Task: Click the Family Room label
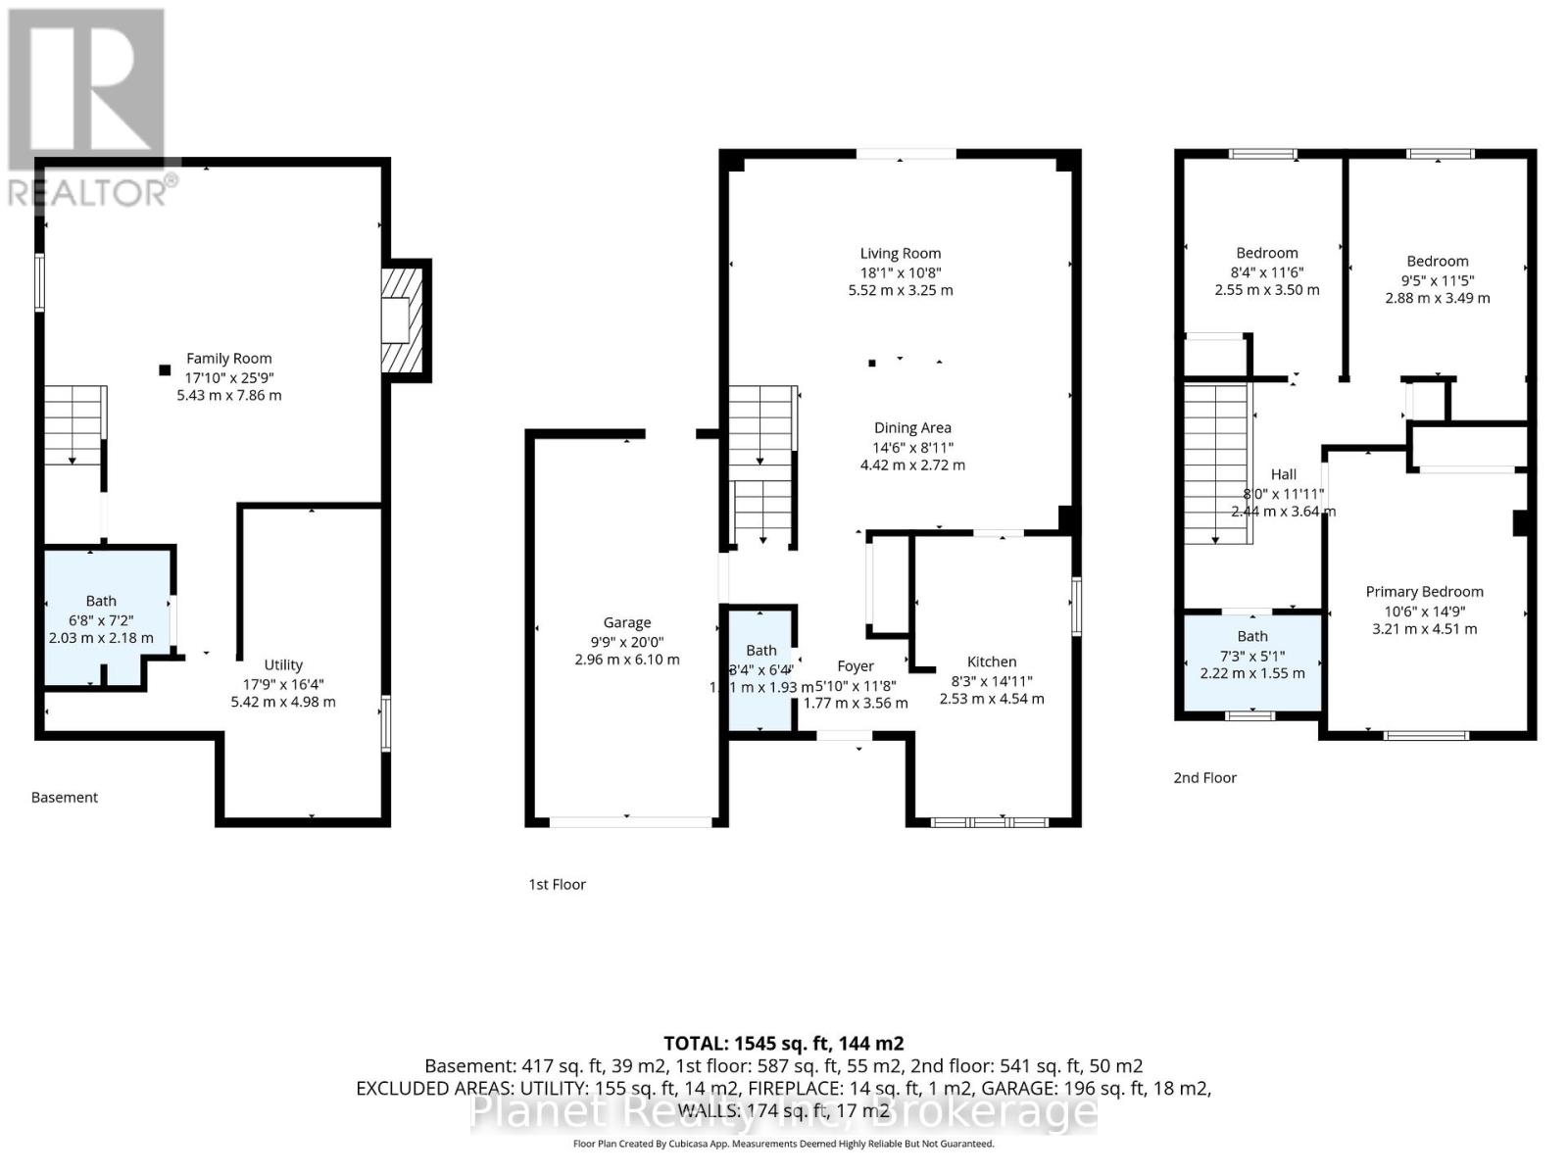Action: coord(228,359)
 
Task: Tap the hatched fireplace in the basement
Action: coord(403,320)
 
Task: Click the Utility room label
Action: coord(283,664)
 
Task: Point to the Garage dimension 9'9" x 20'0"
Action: coord(626,641)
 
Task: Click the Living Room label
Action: coord(900,253)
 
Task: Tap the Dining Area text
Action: coord(912,427)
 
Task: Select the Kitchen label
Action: coord(991,661)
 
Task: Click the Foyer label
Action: coord(855,666)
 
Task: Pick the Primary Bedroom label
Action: coord(1424,591)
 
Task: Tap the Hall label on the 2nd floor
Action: coord(1283,474)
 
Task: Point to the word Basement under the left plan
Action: coord(65,797)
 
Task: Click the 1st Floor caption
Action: coord(557,884)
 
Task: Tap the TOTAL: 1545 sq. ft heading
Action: coord(783,1044)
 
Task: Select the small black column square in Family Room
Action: coord(165,369)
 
